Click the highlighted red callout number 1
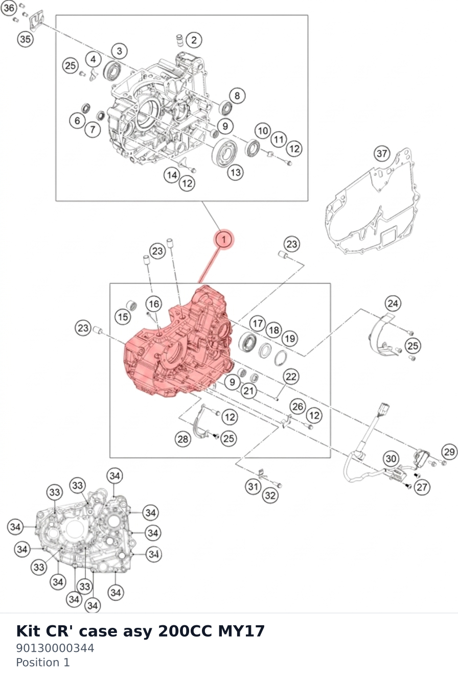click(224, 240)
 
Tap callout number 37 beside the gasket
click(382, 153)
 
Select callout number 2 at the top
click(194, 40)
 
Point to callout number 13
click(236, 173)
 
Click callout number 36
click(9, 8)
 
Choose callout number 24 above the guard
click(393, 303)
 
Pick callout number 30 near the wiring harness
click(391, 459)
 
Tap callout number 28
click(183, 439)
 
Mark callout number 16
click(153, 303)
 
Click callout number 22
click(291, 377)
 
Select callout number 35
click(25, 39)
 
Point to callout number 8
click(237, 96)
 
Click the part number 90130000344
click(55, 648)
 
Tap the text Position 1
click(43, 663)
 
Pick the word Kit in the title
click(28, 631)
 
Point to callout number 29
click(449, 452)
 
